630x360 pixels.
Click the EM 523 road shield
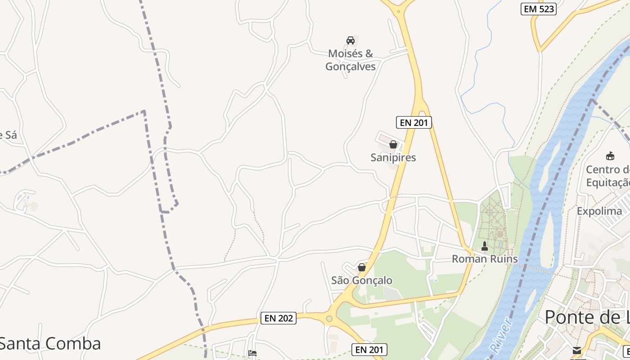(538, 9)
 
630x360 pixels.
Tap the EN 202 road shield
(279, 318)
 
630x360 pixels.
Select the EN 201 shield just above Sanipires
(414, 122)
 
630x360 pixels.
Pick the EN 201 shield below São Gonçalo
(369, 350)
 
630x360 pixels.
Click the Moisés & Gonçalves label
(350, 60)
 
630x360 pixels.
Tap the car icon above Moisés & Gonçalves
(350, 40)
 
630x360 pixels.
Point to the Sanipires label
(393, 157)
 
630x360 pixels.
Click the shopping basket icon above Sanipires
(393, 144)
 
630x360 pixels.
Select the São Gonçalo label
(361, 280)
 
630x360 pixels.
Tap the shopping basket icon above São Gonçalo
(361, 267)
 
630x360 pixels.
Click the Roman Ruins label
(484, 259)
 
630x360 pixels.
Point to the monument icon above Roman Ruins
(484, 246)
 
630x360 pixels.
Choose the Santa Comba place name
(50, 343)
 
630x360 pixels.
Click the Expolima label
(599, 211)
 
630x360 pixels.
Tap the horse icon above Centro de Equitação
(610, 156)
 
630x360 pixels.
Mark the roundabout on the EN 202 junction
(329, 319)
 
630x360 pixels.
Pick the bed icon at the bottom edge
(252, 353)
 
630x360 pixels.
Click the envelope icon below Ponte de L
(576, 351)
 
